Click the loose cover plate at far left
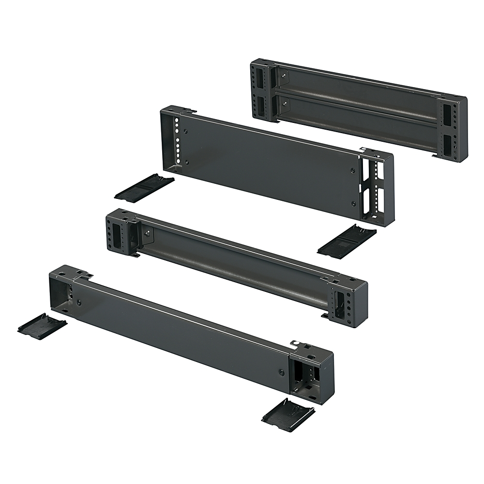point(42,324)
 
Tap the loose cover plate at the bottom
point(288,414)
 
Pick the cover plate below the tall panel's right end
point(347,239)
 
